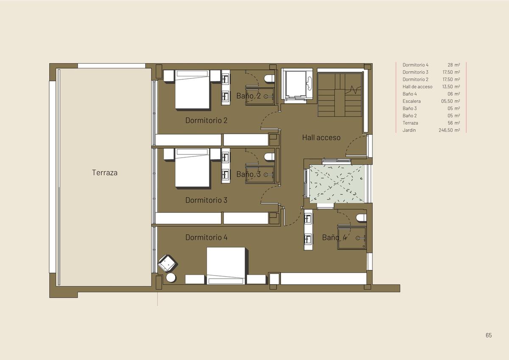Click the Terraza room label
pos(105,173)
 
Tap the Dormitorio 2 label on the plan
pos(206,120)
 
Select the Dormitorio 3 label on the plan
pos(206,200)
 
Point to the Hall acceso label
pos(322,137)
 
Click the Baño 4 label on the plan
pos(335,237)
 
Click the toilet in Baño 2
pos(269,78)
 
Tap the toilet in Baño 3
pos(269,157)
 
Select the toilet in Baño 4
pos(361,218)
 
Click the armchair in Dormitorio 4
pos(168,263)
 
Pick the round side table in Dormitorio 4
pos(171,278)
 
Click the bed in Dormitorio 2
pos(192,89)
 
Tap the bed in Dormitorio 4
pos(226,266)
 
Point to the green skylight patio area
pos(337,184)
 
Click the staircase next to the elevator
pos(340,95)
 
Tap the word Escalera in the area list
pos(411,101)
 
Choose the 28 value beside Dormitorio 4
pos(450,65)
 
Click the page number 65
pos(489,335)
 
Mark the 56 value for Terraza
pos(450,123)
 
